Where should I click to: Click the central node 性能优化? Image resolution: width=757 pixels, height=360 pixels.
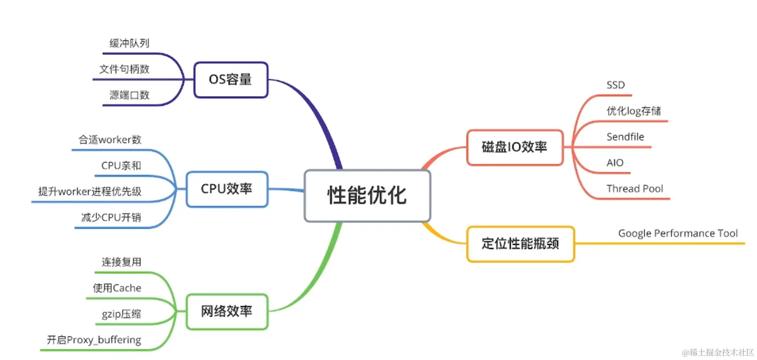point(367,196)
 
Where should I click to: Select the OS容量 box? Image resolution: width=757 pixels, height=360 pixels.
point(231,80)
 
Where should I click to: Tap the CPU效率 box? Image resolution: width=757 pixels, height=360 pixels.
point(227,189)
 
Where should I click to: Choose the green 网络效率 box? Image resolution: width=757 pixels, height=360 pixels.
point(227,311)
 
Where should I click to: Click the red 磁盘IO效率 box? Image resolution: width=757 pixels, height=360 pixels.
point(515,147)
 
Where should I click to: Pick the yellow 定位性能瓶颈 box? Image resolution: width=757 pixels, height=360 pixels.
point(520,244)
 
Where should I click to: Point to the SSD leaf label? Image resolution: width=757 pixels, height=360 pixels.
point(616,85)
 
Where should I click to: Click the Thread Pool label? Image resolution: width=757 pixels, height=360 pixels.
point(634,189)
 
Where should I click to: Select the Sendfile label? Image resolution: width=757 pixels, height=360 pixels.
point(625,137)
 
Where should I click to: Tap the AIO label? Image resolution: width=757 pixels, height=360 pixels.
point(615,163)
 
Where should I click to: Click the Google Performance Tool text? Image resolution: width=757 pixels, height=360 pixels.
point(678,233)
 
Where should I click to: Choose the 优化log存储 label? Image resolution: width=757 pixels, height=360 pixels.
point(634,111)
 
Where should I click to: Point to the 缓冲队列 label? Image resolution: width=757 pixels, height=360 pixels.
point(129,43)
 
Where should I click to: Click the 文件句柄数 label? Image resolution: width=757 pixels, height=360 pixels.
point(124,69)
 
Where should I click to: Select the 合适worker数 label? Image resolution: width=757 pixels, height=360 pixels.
point(110,140)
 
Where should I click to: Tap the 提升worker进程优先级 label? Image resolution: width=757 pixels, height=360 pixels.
point(90,191)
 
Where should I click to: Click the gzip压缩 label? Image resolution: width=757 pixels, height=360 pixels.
point(121,314)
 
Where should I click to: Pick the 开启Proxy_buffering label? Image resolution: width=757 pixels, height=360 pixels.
point(94,340)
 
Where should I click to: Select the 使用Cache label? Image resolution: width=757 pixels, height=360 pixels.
point(117,288)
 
